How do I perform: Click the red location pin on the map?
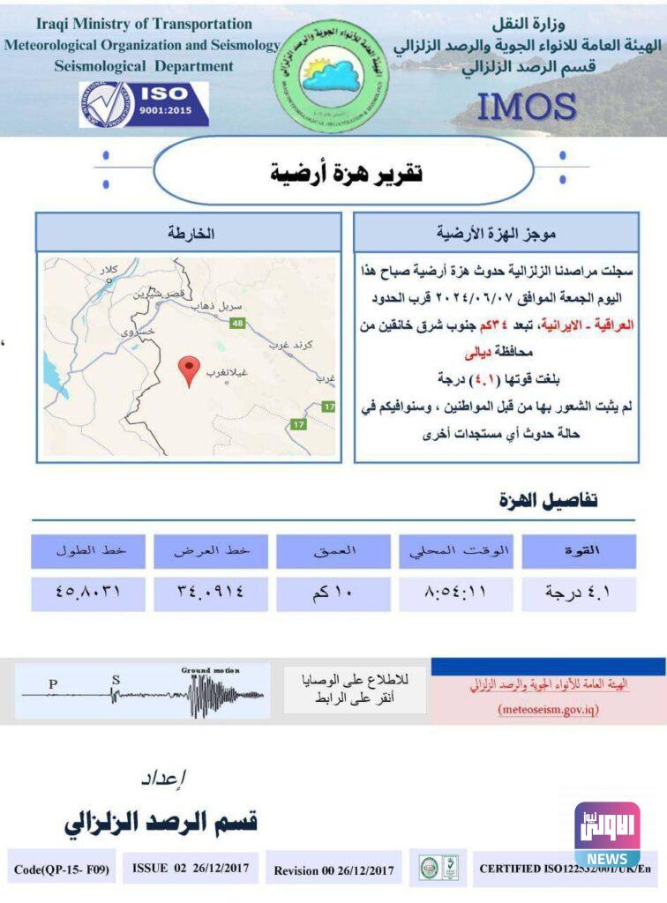(x=189, y=370)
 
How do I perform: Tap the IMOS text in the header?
(x=527, y=107)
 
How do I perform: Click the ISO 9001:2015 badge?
(x=144, y=104)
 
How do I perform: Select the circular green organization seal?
(x=332, y=77)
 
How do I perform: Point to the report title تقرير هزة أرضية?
(x=346, y=172)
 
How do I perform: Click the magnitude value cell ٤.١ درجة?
(x=579, y=593)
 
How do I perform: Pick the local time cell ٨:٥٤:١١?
(x=455, y=593)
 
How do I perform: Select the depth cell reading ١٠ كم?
(x=333, y=593)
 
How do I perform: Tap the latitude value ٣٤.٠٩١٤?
(x=210, y=593)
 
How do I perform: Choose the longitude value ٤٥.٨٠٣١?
(x=87, y=593)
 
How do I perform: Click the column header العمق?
(x=333, y=551)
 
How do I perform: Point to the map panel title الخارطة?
(x=190, y=233)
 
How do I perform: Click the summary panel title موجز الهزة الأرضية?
(x=495, y=233)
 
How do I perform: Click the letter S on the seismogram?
(x=116, y=680)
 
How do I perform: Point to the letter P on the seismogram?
(x=53, y=683)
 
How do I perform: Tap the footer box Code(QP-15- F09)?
(x=62, y=869)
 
